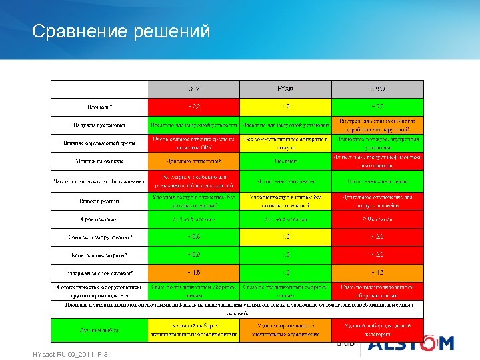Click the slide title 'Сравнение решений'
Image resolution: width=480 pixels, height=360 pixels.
click(121, 31)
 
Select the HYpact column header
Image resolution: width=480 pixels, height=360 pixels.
click(285, 89)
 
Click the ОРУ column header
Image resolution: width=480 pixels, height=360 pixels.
click(193, 89)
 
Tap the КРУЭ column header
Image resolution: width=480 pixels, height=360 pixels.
click(377, 89)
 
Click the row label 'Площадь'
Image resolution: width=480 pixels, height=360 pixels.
click(99, 106)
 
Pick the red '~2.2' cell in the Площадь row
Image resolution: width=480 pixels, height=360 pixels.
click(193, 106)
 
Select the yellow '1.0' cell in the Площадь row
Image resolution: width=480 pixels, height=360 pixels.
click(285, 106)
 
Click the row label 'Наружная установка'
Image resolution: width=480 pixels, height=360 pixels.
click(99, 125)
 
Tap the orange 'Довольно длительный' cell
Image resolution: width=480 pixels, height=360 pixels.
click(193, 161)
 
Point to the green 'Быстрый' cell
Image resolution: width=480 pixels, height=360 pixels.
click(285, 161)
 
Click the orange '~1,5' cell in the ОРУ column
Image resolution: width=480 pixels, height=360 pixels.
click(193, 272)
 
